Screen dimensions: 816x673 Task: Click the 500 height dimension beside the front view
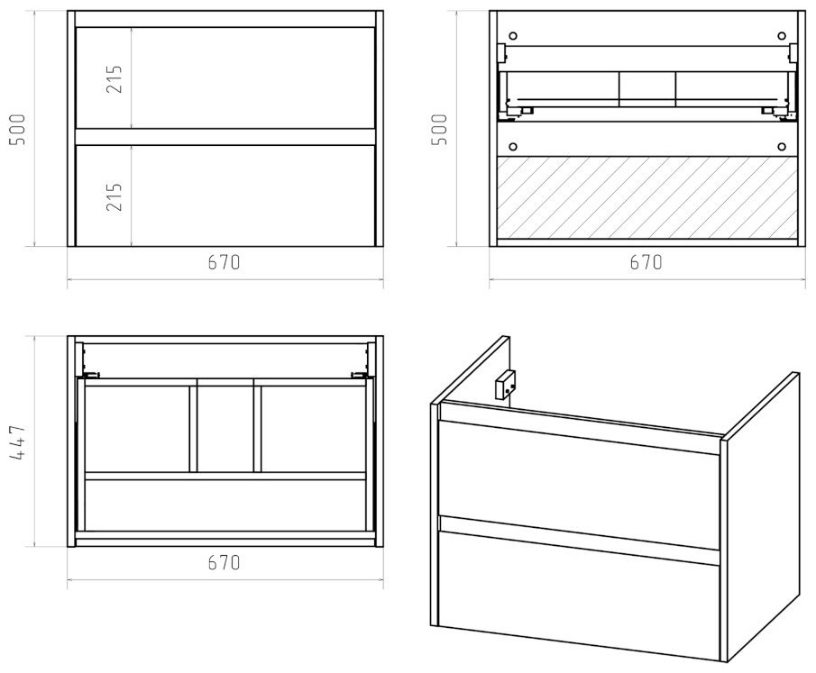point(17,130)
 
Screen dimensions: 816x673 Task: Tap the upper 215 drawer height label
point(114,79)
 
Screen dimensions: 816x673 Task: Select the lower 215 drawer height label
point(114,196)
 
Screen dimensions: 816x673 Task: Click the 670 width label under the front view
point(225,262)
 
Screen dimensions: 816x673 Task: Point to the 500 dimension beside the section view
point(439,130)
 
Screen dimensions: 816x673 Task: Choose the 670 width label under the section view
point(646,262)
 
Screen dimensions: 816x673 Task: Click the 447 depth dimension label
point(17,441)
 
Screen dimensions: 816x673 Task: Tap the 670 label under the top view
point(225,562)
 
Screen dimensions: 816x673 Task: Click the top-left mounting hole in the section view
point(513,36)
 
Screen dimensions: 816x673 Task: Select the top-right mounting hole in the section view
point(781,36)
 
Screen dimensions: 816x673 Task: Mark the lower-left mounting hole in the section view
point(513,147)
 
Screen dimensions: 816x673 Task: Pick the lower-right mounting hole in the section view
point(781,147)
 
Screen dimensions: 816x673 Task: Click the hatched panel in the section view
point(646,197)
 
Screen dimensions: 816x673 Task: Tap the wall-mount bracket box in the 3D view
point(504,384)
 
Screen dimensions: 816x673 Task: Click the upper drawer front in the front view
point(225,77)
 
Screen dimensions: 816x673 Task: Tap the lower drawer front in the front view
point(225,196)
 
